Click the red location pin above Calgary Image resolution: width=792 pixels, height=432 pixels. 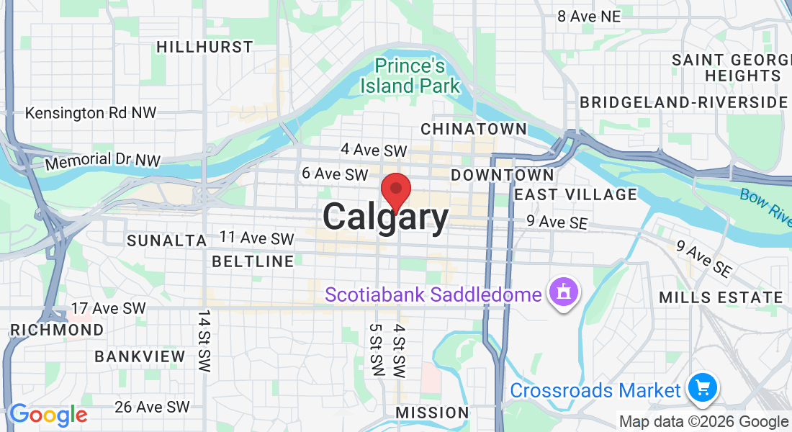click(x=395, y=189)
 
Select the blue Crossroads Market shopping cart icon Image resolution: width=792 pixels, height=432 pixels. click(x=702, y=388)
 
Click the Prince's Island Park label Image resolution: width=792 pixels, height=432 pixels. click(x=410, y=76)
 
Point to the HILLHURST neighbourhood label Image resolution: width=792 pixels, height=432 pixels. click(x=205, y=47)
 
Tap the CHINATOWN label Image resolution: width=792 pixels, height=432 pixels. click(x=473, y=129)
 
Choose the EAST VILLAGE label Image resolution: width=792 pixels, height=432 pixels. click(x=576, y=194)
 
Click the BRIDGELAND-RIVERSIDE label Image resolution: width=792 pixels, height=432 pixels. click(x=684, y=102)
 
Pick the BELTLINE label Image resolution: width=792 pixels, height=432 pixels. click(x=253, y=261)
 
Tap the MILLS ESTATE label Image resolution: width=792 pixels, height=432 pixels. click(x=721, y=297)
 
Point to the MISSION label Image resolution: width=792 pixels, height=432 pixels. click(x=432, y=413)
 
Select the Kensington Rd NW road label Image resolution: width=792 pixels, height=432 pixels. click(x=91, y=113)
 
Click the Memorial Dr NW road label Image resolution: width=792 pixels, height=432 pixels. click(x=102, y=161)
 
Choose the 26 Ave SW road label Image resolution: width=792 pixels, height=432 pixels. click(x=152, y=408)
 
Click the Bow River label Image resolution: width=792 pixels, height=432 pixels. click(x=765, y=204)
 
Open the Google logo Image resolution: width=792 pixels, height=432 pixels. click(x=48, y=415)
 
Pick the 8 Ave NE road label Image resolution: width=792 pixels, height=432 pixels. click(x=588, y=16)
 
